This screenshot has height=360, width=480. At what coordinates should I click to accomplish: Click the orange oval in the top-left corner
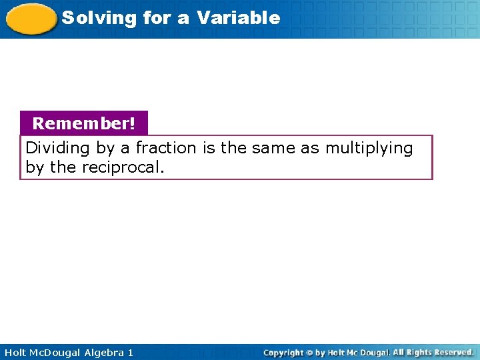point(31,19)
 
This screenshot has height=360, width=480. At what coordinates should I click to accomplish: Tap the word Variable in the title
point(239,18)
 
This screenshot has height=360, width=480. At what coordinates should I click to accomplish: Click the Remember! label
point(83,123)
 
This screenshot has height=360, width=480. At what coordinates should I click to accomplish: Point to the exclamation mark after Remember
point(132,123)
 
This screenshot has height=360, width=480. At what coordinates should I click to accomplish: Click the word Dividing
point(54,148)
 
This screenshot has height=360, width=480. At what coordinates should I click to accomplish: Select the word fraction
point(166,148)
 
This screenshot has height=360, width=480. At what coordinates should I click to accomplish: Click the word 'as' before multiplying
point(310,148)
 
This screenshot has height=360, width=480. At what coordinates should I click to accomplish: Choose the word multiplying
point(369,149)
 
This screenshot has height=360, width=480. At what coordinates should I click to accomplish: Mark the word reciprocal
point(122,167)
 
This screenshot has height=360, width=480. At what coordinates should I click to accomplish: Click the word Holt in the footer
point(15,353)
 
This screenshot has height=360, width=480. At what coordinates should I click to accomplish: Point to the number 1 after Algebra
point(130,353)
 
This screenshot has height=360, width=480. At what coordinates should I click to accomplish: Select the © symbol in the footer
point(309,353)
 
